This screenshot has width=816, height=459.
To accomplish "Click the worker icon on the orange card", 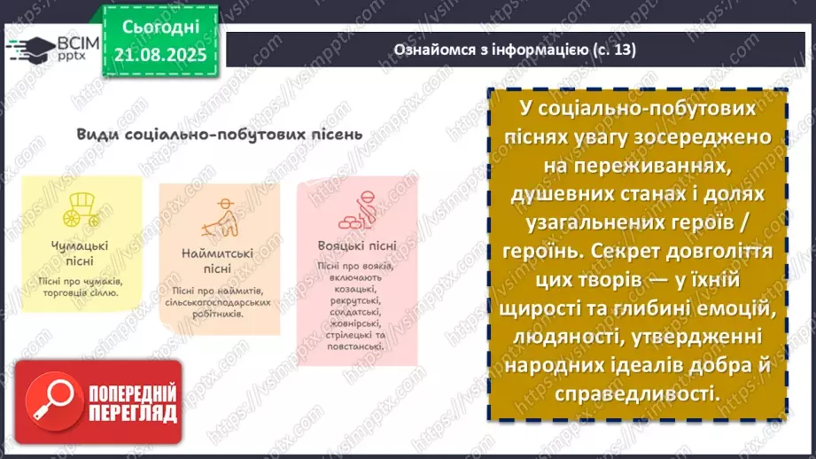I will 216,217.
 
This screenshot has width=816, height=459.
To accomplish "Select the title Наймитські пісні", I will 216,261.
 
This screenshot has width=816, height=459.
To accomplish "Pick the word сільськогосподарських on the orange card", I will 216,301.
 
